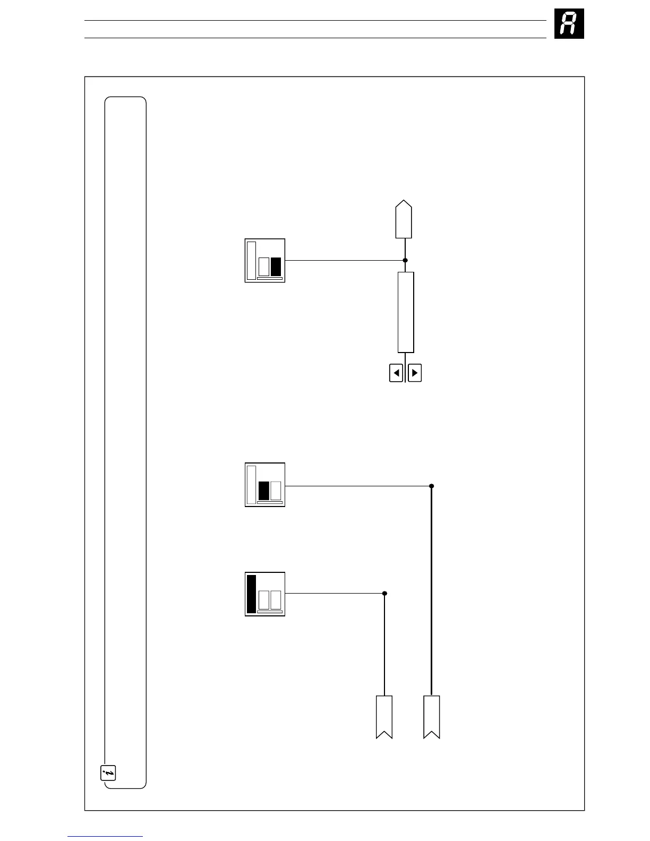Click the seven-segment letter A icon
569,24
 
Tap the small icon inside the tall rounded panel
108,773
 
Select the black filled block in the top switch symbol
276,267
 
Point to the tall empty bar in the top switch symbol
251,261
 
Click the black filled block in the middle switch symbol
263,491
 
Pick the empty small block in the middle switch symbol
276,491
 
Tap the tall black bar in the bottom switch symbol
251,594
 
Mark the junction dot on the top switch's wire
405,260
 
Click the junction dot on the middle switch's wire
431,486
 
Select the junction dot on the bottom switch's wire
384,593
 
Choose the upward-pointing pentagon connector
404,220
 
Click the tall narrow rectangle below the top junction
406,312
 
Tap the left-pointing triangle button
396,373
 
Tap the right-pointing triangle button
415,373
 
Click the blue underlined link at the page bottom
105,836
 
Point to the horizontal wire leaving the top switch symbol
345,260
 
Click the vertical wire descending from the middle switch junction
431,589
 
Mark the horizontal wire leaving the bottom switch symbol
335,593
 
